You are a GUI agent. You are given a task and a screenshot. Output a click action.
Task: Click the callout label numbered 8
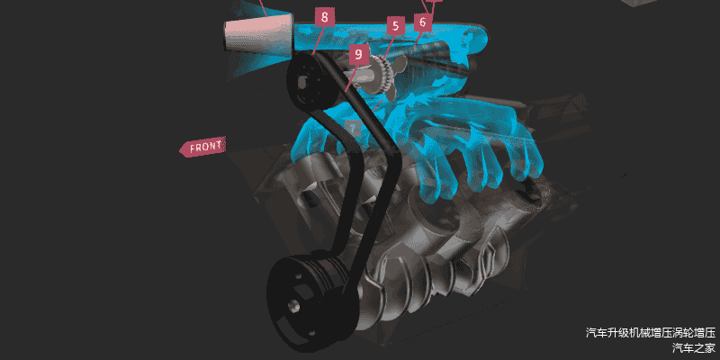[x=325, y=17]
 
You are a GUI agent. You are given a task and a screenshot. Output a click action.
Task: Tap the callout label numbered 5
[x=395, y=26]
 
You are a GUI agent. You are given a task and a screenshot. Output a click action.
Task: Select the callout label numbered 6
[x=423, y=22]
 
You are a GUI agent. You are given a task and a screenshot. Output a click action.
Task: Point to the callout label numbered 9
[x=358, y=55]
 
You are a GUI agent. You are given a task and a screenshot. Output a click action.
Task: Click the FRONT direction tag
[x=202, y=148]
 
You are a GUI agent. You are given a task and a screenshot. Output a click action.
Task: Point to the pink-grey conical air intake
[x=258, y=31]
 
